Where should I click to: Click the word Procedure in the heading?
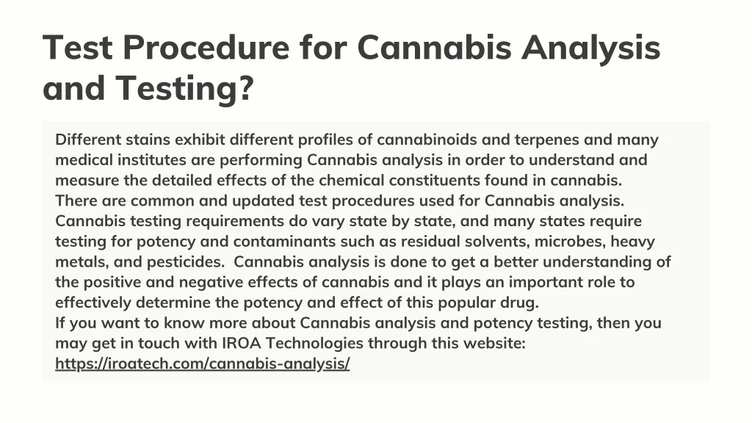206,48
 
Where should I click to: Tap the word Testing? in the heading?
184,89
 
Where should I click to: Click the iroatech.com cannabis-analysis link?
203,364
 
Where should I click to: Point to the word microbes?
570,242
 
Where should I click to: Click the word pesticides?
184,262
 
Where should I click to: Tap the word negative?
211,283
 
